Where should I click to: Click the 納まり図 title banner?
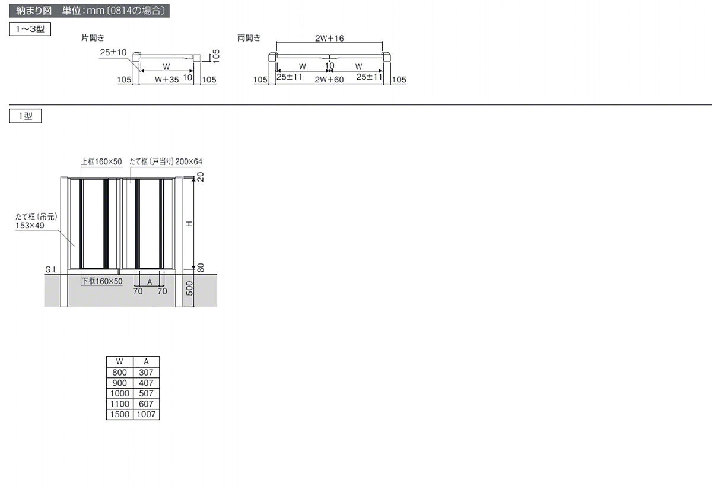90,11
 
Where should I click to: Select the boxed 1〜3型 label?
30,29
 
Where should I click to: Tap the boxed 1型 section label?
26,116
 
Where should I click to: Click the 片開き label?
93,38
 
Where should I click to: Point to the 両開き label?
249,38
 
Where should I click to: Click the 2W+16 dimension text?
329,39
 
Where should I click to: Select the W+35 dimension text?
167,80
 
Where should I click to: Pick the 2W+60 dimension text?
329,80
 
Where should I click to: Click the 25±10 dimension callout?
113,52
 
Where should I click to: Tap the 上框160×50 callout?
101,162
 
